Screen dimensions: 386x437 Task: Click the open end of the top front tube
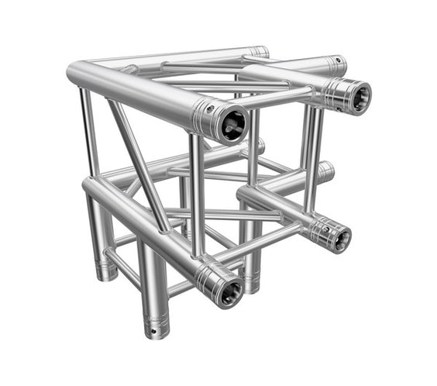click(x=232, y=124)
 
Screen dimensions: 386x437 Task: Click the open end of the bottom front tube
click(x=229, y=292)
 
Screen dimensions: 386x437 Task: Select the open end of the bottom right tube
click(x=339, y=237)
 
